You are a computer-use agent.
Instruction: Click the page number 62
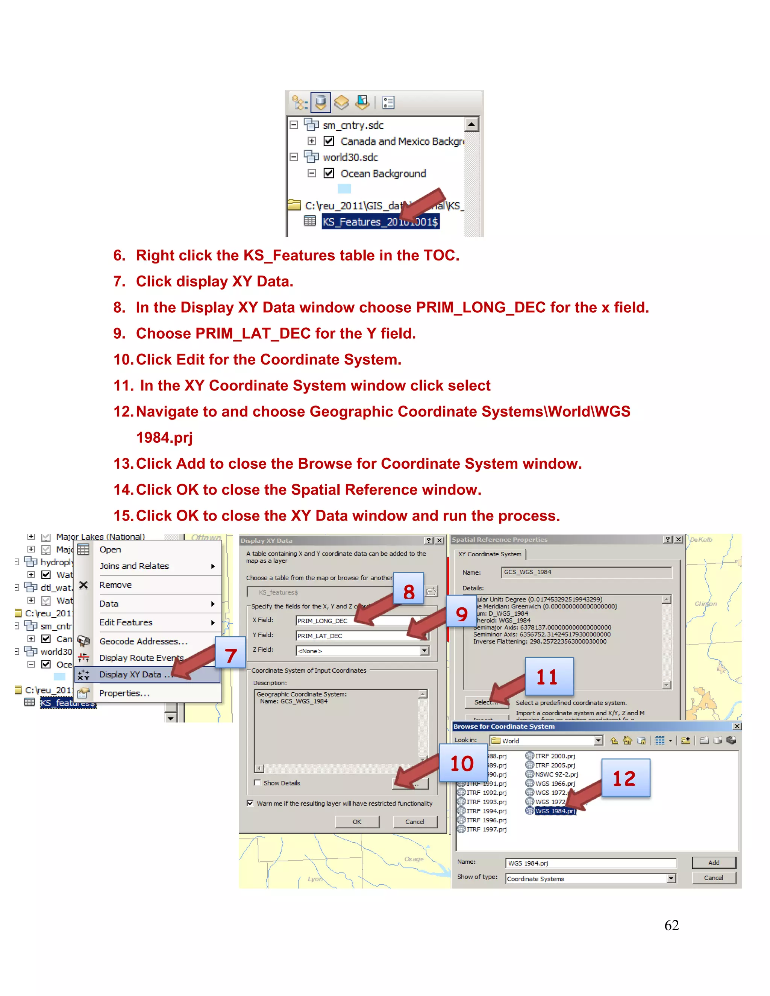[671, 925]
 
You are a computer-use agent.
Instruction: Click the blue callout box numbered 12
[625, 778]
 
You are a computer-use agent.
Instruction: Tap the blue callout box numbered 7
[231, 656]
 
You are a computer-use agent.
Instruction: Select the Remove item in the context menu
[115, 585]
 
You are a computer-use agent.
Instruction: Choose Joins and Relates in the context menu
[134, 566]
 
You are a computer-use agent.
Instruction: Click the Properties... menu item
[124, 693]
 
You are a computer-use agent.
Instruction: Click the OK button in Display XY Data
[357, 822]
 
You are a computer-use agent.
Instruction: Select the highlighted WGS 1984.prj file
[555, 811]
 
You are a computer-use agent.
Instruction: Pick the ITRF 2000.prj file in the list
[555, 756]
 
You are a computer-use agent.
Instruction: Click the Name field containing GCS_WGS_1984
[586, 572]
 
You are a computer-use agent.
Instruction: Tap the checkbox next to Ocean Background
[329, 173]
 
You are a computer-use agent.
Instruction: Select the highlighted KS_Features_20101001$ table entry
[380, 222]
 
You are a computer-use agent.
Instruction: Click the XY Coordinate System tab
[490, 554]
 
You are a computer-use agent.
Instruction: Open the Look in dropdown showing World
[546, 741]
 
